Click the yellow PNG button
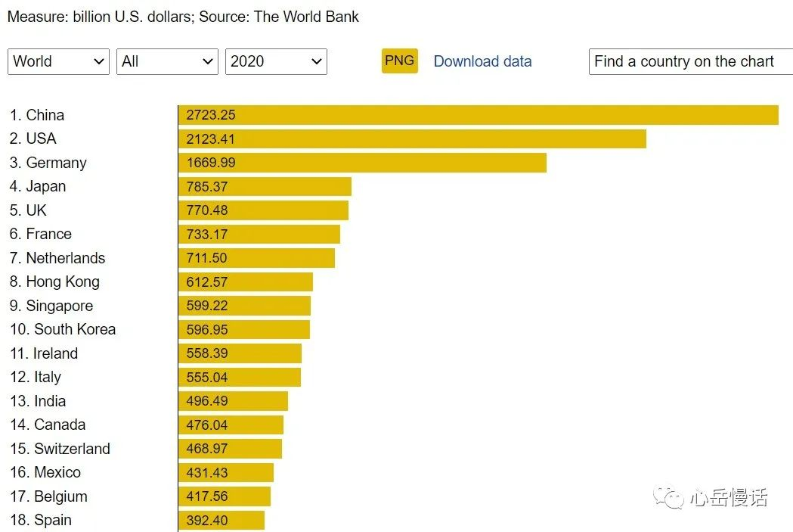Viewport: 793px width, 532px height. click(399, 61)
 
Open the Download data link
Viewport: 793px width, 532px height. click(482, 62)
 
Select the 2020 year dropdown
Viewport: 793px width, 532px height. click(276, 62)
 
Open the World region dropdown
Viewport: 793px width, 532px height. click(58, 62)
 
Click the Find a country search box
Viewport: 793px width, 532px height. click(689, 62)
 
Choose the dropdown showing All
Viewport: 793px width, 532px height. click(167, 62)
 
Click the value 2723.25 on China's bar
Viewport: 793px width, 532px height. click(211, 115)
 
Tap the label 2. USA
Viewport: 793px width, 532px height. click(33, 138)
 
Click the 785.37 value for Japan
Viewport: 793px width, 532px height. click(207, 187)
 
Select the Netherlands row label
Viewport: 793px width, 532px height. click(57, 258)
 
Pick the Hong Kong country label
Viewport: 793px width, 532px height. click(54, 282)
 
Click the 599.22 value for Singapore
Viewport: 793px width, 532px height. click(207, 306)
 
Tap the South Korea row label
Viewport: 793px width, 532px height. click(63, 329)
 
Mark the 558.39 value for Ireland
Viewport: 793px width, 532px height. click(207, 353)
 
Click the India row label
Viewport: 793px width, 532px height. click(38, 401)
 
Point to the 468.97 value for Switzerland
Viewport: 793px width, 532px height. click(207, 449)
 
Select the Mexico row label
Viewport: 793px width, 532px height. click(45, 472)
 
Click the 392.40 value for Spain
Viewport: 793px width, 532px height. click(207, 521)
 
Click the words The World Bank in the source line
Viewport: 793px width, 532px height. click(306, 17)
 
